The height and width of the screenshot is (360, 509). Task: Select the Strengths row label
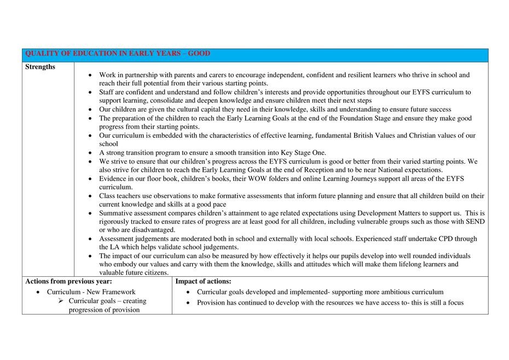40,67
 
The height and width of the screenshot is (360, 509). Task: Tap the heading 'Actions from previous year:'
68,281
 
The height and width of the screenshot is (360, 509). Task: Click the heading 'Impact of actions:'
203,281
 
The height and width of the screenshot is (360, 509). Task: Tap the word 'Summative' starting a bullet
116,213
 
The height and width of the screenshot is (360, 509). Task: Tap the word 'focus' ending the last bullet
454,303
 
